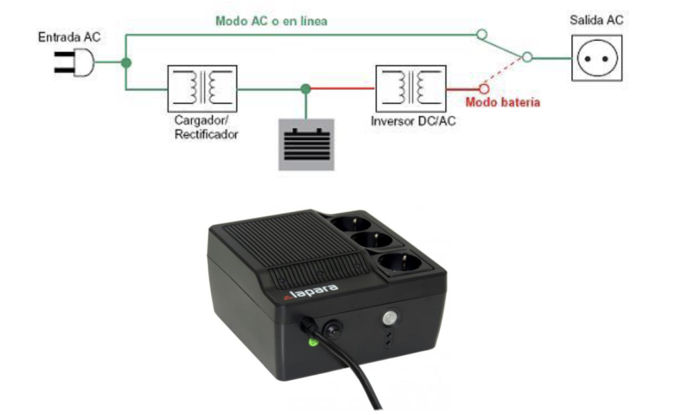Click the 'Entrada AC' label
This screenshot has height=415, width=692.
coord(70,37)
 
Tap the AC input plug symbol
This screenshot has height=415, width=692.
coord(74,62)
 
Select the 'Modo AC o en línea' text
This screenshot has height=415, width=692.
coord(272,21)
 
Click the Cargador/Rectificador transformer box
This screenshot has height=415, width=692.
coord(203,88)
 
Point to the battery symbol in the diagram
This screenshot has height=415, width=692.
coord(306,144)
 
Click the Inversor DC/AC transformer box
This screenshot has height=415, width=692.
coord(411,88)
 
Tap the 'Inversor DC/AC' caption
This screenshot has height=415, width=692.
coord(413,121)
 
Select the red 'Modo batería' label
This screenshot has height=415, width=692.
coord(503,102)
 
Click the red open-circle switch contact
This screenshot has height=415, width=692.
coord(484,89)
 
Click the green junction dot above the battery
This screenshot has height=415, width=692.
coord(306,89)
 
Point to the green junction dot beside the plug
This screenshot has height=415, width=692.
coord(126,63)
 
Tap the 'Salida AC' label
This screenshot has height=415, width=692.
coord(596,20)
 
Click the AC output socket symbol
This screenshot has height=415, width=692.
coord(597,58)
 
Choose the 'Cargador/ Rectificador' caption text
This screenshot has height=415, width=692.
coord(206,127)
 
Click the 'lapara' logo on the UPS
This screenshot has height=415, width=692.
coord(311,292)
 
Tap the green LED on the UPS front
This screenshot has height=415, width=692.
coord(313,342)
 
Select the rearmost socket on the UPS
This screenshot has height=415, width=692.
coord(351,223)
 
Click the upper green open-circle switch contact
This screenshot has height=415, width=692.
coord(482,34)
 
